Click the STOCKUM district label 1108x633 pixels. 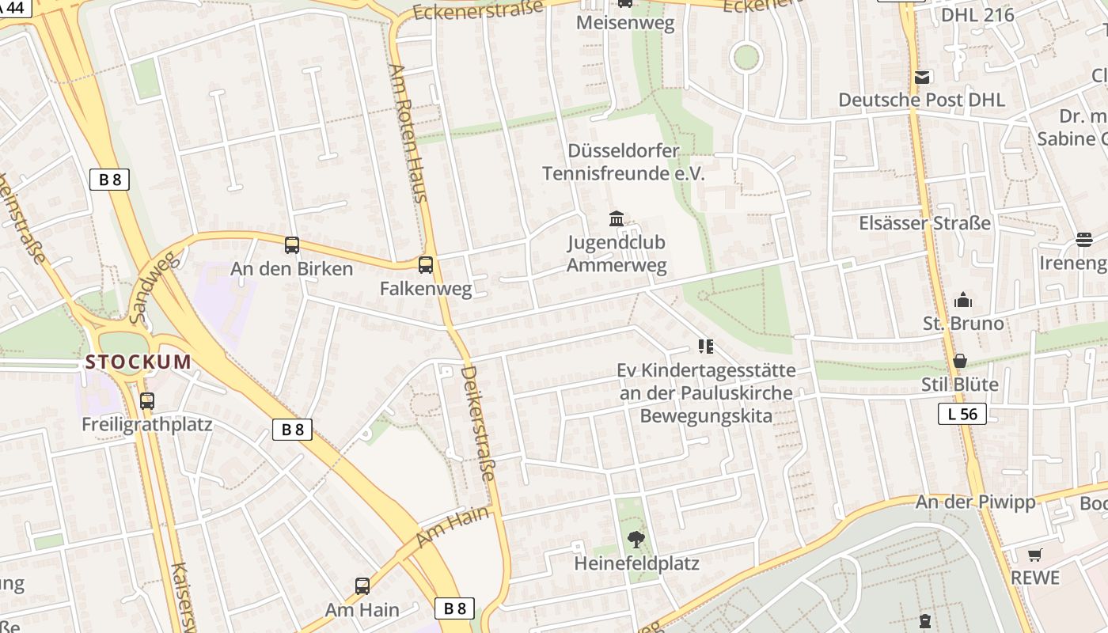click(x=138, y=362)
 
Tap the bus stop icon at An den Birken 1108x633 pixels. click(x=292, y=245)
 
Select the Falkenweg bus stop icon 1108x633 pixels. click(x=426, y=265)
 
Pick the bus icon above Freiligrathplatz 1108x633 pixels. click(x=147, y=401)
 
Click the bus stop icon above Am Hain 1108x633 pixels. click(x=362, y=586)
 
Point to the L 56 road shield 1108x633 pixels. click(x=962, y=413)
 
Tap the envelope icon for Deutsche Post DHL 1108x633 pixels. click(x=922, y=78)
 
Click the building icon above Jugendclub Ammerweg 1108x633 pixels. click(x=617, y=218)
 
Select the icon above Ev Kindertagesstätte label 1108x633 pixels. click(x=706, y=347)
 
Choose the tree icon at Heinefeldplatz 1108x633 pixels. click(x=636, y=540)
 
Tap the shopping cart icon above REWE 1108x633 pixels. click(x=1035, y=555)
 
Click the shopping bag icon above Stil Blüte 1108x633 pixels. click(x=960, y=362)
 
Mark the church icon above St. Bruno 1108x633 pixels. click(x=963, y=300)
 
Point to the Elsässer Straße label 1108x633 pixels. click(x=924, y=223)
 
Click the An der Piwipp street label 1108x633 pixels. click(x=975, y=502)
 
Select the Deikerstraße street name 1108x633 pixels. click(x=478, y=423)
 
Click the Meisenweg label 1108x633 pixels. click(x=625, y=22)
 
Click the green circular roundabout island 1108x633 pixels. click(x=746, y=57)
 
